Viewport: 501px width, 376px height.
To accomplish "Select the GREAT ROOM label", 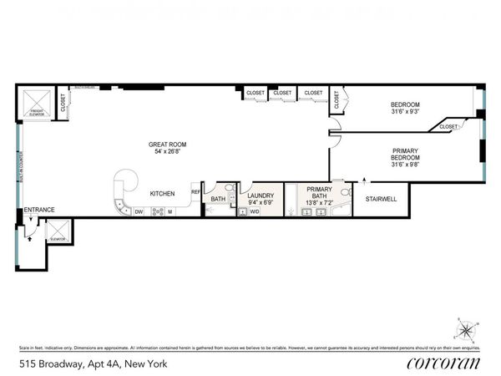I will (166, 145).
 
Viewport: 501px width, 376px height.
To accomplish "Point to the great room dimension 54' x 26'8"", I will (166, 153).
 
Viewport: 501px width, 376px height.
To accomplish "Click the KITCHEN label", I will (162, 194).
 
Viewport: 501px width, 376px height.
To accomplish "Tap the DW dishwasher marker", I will (139, 211).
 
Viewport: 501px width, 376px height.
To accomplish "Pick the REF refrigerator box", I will (195, 191).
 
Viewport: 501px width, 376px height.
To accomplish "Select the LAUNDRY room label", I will (261, 195).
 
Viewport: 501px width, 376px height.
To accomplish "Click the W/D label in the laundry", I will (254, 211).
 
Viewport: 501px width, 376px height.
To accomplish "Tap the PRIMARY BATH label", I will (319, 193).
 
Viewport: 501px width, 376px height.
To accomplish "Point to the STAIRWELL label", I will (381, 199).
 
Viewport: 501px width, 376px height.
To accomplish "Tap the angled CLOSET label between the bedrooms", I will (448, 126).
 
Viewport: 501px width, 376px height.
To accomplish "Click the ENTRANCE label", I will (38, 210).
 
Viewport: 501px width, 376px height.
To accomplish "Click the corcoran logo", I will (445, 362).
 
